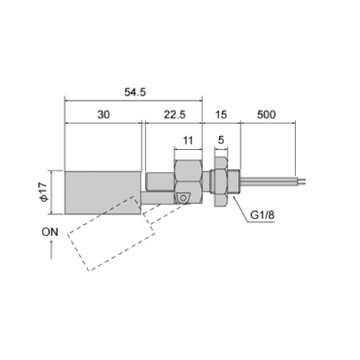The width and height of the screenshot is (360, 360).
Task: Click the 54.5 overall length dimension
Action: tap(135, 92)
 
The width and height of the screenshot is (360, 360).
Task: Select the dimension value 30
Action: tap(103, 115)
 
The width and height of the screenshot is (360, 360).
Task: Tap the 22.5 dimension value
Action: tap(174, 115)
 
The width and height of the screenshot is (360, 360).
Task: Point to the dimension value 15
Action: tap(221, 115)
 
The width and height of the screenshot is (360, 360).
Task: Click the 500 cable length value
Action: tap(266, 115)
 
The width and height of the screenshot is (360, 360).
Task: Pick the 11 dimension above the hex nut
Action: tap(188, 140)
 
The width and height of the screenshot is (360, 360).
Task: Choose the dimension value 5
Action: tap(221, 140)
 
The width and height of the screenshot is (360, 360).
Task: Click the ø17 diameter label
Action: tap(45, 192)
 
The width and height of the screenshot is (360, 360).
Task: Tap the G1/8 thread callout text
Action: tap(262, 215)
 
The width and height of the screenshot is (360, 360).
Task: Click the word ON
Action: tap(50, 232)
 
